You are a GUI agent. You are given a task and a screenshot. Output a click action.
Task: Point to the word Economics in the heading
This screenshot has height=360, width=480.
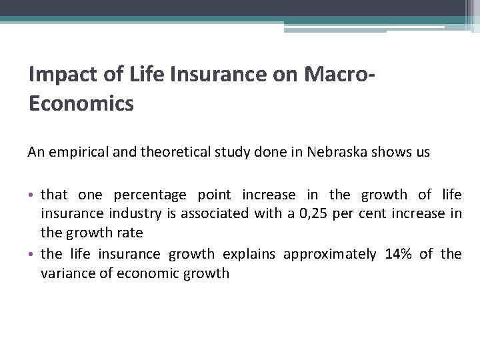point(81,104)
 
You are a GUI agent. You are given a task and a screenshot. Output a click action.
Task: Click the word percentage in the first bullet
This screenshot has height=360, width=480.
point(150,195)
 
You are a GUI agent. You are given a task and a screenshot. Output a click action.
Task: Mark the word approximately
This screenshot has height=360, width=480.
point(329,254)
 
